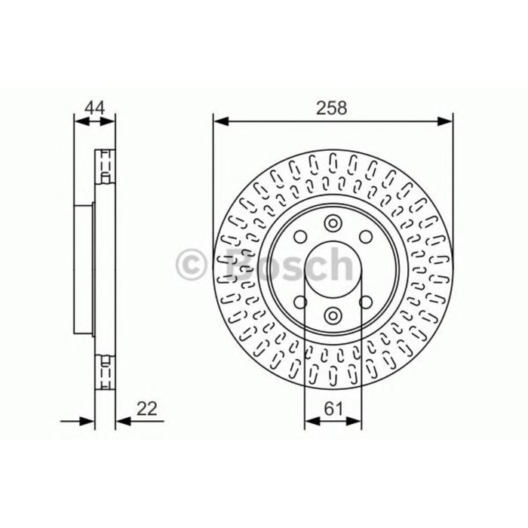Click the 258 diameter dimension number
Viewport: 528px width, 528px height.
pos(333,108)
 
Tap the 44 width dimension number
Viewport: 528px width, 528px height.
pos(94,108)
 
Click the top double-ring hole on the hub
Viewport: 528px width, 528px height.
pos(333,223)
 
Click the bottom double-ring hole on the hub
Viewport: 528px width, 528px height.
pos(333,315)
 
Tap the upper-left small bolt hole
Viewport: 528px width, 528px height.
pos(300,235)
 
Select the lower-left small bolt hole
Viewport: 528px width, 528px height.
pos(300,302)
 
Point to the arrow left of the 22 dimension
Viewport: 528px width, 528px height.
pos(86,422)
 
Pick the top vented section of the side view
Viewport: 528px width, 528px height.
pos(106,166)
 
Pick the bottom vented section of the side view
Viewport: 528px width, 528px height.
pos(106,372)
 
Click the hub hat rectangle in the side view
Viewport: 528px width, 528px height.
pos(86,269)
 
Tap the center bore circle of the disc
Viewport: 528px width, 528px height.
pos(333,269)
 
